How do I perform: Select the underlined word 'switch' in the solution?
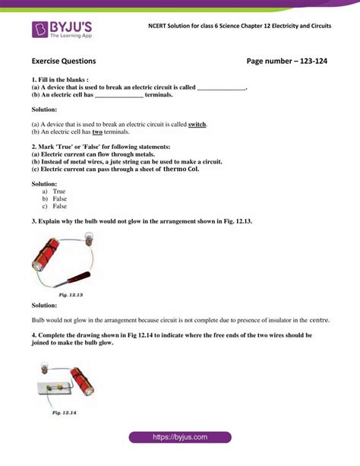(197, 124)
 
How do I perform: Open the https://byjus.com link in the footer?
(180, 438)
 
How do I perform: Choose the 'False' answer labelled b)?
(60, 199)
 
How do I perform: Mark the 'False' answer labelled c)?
(60, 207)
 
